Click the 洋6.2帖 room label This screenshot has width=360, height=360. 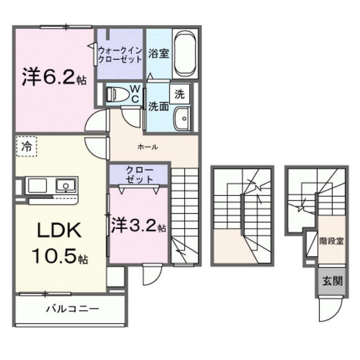click(x=55, y=78)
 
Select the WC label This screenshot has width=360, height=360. click(x=136, y=93)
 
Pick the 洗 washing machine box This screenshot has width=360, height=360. click(x=179, y=94)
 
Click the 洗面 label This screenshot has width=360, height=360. click(x=158, y=107)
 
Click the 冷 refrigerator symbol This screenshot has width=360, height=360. click(x=26, y=146)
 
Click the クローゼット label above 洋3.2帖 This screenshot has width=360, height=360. click(x=139, y=174)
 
